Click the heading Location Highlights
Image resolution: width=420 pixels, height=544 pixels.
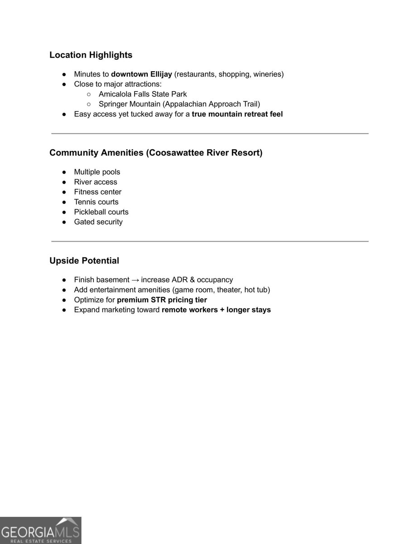[x=91, y=55]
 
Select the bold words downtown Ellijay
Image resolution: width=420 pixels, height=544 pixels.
[x=141, y=74]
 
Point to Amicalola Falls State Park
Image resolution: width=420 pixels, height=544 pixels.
[x=143, y=94]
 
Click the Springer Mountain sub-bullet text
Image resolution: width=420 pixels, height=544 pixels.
[x=179, y=104]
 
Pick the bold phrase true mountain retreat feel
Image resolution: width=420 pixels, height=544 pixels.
[x=237, y=114]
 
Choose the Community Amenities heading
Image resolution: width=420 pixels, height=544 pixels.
[x=156, y=152]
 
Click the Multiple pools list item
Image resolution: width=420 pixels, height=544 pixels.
[x=97, y=172]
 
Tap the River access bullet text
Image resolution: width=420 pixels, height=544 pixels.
[x=96, y=182]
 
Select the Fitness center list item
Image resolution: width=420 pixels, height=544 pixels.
[x=98, y=192]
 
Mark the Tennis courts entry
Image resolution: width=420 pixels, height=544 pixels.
[x=96, y=202]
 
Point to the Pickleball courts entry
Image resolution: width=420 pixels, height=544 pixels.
[x=101, y=212]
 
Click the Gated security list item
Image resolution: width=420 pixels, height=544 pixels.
[x=98, y=222]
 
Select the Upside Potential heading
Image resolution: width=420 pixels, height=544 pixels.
[x=84, y=261]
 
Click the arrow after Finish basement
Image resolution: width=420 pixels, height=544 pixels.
[x=135, y=280]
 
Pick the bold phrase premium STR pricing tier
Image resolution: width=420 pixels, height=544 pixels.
[x=162, y=300]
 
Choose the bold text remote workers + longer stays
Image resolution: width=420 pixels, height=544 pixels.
[x=216, y=310]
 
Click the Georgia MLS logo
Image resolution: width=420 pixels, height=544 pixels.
[x=40, y=530]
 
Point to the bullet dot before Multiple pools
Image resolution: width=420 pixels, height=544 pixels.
[x=64, y=172]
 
